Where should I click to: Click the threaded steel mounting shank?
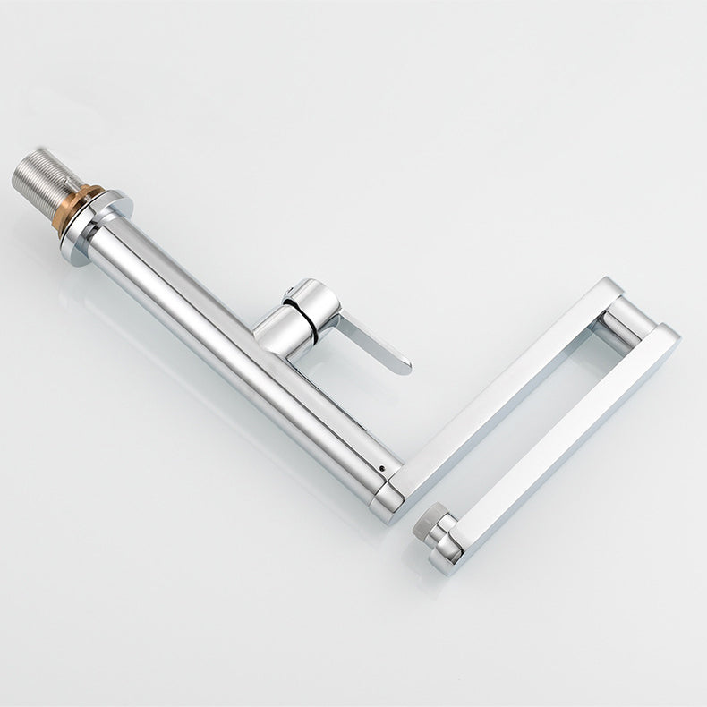coord(43,184)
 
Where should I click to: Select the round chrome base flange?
coord(97,223)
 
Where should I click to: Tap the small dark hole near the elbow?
coord(383,467)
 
